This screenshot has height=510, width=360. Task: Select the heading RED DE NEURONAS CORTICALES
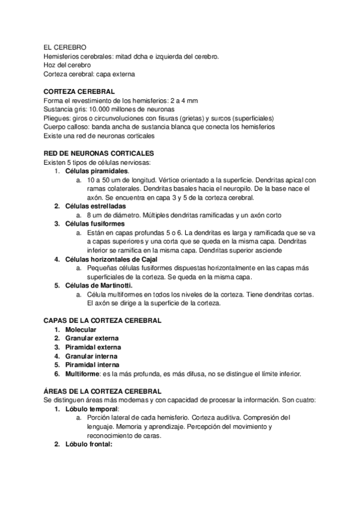click(99, 153)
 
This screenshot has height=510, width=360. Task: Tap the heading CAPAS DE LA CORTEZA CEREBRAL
click(103, 321)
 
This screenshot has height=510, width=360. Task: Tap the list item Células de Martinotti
click(99, 285)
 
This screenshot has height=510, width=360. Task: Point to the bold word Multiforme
click(83, 373)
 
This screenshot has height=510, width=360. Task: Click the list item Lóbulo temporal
click(90, 409)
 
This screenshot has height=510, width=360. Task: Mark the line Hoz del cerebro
click(67, 65)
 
